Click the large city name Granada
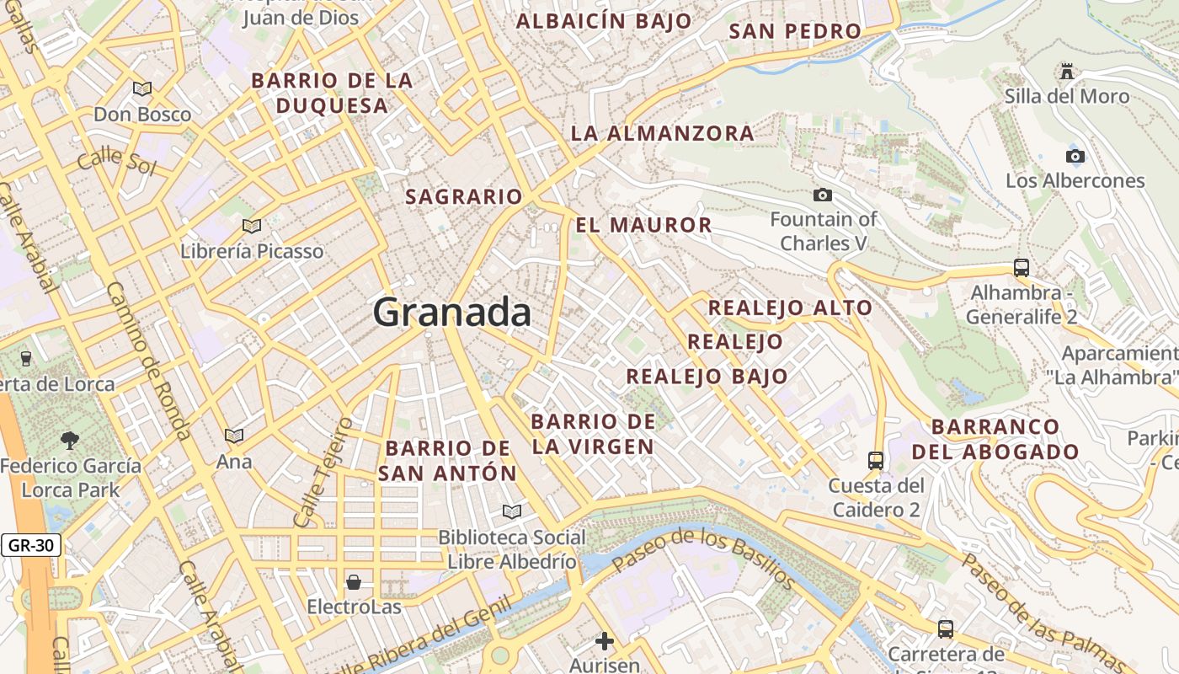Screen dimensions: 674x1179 click(x=452, y=313)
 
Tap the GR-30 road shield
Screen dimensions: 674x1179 click(x=31, y=545)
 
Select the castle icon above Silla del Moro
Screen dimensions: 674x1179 click(x=1068, y=72)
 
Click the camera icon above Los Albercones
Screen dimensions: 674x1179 click(x=1075, y=156)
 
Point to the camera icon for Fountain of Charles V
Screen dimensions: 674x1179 click(x=823, y=195)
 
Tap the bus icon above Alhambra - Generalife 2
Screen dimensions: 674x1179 click(x=1022, y=268)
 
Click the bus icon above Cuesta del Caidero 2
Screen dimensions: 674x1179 click(x=876, y=460)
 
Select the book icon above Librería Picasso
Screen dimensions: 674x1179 click(x=252, y=226)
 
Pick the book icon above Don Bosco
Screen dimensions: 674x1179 click(x=142, y=88)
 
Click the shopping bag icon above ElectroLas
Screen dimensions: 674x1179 click(x=354, y=581)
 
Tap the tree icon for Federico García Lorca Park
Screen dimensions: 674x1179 click(x=70, y=439)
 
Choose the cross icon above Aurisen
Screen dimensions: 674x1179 click(x=605, y=641)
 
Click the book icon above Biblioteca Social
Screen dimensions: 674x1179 click(x=512, y=511)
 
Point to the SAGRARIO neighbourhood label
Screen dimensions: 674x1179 click(x=464, y=197)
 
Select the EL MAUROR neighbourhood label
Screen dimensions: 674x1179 click(x=644, y=225)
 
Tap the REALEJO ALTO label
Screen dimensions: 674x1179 click(x=790, y=308)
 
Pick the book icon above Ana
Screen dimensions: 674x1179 click(x=234, y=436)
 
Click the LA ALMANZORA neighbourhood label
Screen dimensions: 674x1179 click(x=663, y=133)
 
